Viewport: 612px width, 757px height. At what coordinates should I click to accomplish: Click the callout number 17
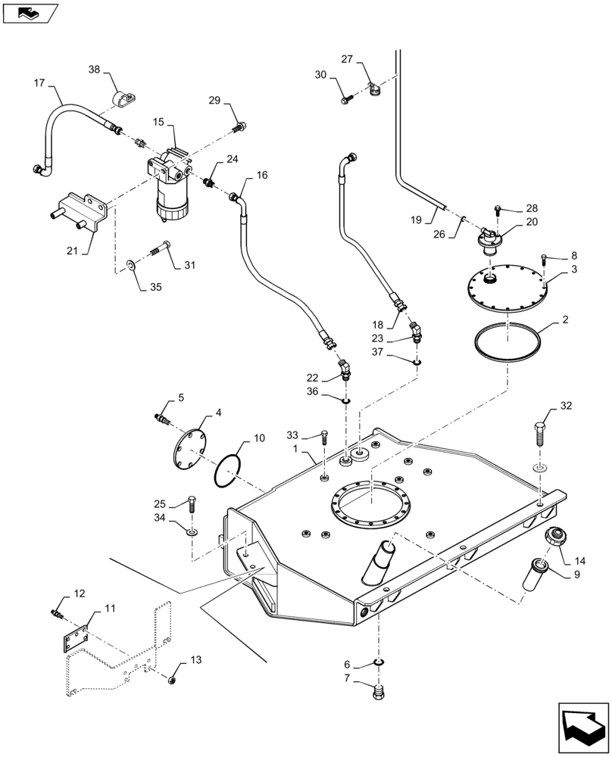coord(39,83)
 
